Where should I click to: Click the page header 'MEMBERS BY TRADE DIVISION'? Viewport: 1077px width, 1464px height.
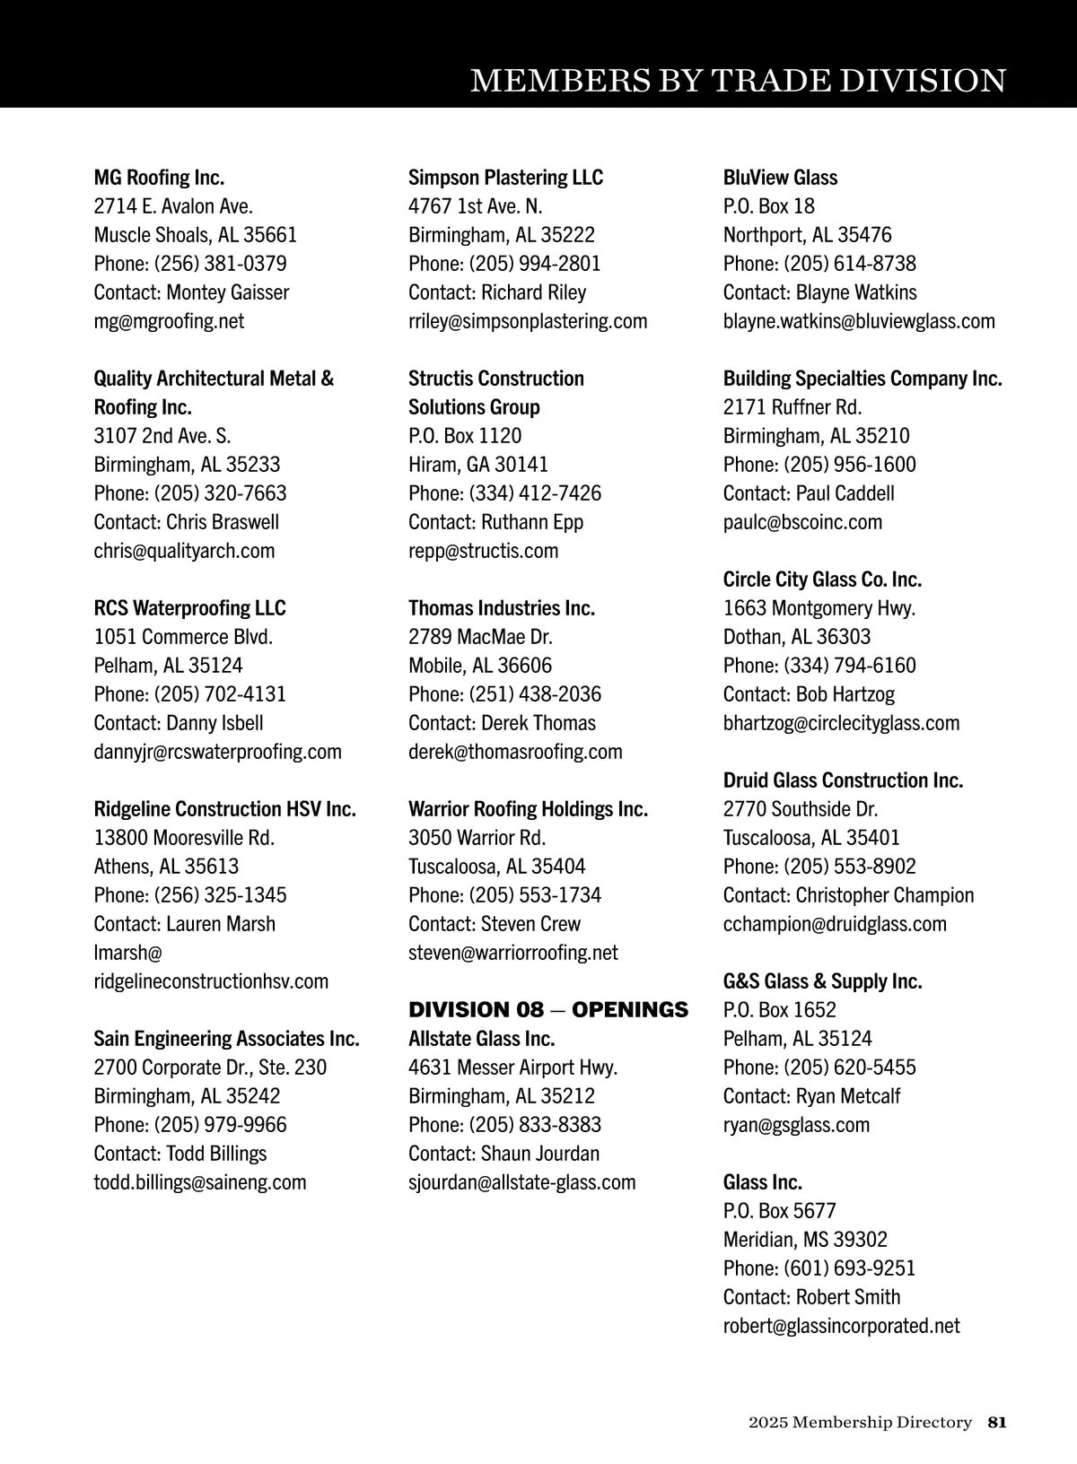[738, 81]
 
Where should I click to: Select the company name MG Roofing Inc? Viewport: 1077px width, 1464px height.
[159, 178]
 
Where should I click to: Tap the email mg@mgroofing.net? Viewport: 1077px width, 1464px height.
[169, 321]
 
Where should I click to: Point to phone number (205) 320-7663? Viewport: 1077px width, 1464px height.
[220, 493]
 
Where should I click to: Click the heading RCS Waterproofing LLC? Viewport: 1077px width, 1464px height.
[189, 608]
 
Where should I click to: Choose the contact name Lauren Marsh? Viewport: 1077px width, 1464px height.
[221, 924]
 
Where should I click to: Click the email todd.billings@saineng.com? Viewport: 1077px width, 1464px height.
[200, 1182]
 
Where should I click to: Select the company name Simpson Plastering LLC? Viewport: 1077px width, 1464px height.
[505, 178]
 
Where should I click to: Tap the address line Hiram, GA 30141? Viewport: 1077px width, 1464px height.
[477, 465]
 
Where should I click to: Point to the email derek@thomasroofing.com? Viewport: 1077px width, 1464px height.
[515, 752]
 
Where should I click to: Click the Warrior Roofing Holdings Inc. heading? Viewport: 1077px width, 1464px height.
[528, 809]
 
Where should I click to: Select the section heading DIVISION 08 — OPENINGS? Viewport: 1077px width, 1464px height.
[547, 1010]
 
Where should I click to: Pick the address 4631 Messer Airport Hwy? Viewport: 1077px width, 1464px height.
[512, 1067]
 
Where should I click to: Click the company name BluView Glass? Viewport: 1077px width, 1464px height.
[780, 178]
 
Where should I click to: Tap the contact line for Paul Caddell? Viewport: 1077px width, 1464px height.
[809, 493]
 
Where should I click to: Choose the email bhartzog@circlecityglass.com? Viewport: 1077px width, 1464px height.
[841, 723]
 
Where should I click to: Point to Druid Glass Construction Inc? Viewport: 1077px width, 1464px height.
[843, 780]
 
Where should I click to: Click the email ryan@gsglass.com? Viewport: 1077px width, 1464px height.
[796, 1125]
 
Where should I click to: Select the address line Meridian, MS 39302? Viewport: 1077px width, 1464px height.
[805, 1240]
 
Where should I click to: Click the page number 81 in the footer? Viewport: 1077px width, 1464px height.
[997, 1422]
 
